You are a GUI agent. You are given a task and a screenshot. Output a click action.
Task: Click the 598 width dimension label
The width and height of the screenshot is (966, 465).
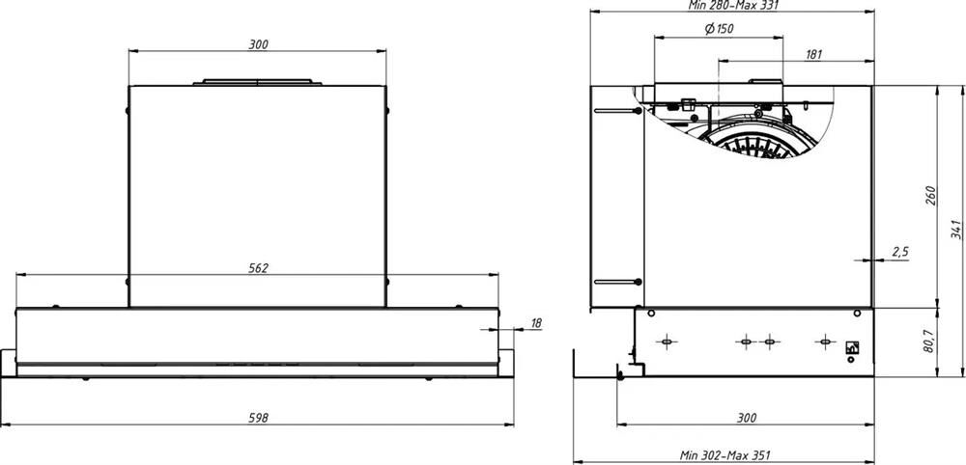[x=259, y=418]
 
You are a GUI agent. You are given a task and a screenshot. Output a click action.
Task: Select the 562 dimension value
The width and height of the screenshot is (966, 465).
[x=259, y=268]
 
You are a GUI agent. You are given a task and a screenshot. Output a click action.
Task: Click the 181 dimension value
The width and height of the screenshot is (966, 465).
[x=813, y=55]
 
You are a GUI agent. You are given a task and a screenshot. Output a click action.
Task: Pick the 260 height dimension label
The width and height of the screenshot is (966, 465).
[x=931, y=195]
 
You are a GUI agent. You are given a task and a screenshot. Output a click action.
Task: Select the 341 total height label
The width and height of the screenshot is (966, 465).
[x=955, y=230]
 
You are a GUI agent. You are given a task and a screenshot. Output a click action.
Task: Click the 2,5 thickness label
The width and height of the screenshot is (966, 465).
[x=899, y=252]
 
